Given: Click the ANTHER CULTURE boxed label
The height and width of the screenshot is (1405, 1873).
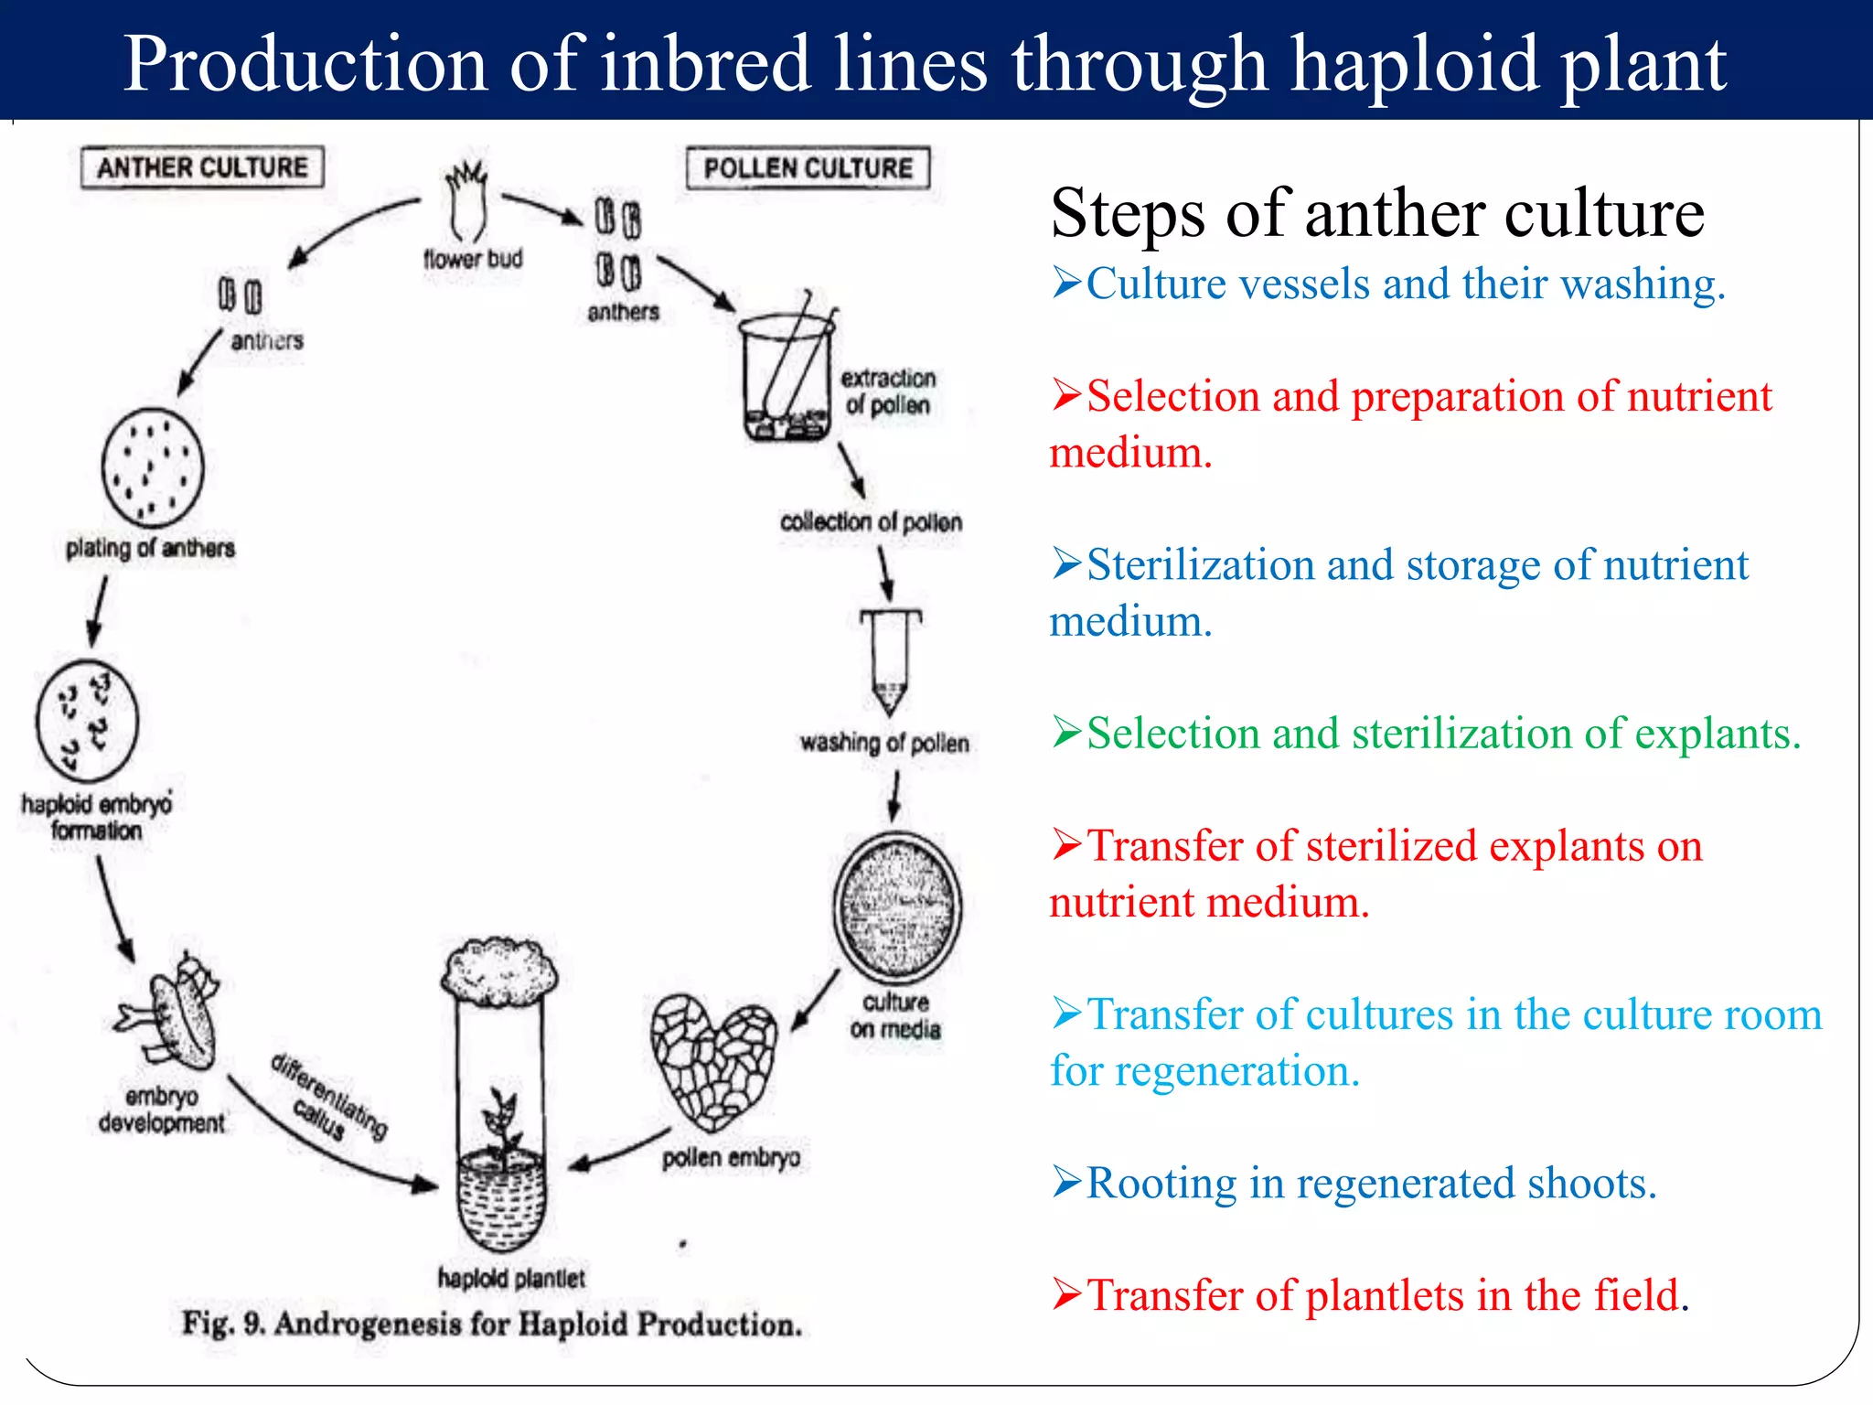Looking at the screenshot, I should (x=202, y=167).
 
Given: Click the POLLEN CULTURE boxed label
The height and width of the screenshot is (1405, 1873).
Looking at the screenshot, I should (x=808, y=168).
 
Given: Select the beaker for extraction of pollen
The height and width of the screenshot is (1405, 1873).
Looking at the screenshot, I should (x=787, y=375).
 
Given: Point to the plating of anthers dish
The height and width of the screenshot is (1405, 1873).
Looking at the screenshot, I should (x=152, y=467).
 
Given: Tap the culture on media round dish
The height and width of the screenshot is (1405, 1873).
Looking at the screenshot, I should (x=897, y=906).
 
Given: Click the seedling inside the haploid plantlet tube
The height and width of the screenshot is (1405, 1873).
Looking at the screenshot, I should (x=500, y=1125).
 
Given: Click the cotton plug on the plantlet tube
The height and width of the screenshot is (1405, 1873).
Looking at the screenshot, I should (x=498, y=969).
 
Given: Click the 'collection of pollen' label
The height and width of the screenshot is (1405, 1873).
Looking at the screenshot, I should (x=871, y=522).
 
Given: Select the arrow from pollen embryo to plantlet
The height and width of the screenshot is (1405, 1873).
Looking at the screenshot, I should (x=619, y=1149).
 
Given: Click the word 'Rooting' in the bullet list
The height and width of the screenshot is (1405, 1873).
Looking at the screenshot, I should (x=1160, y=1184).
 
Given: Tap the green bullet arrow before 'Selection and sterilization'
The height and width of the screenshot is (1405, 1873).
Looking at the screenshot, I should (x=1066, y=732).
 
